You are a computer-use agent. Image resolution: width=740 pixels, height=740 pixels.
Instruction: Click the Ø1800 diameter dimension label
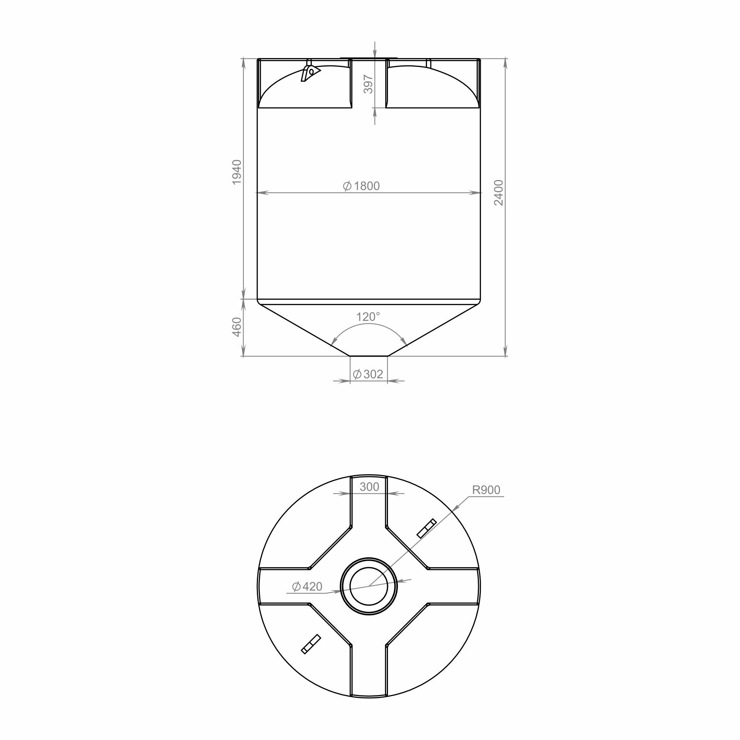click(362, 186)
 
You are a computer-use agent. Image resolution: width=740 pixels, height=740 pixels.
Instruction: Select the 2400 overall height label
click(499, 193)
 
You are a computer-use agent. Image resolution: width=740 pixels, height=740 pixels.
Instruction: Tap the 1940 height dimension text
click(237, 172)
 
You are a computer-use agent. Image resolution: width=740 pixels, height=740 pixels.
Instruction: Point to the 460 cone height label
click(237, 327)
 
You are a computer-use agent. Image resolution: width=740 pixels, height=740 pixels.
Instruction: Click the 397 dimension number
click(368, 84)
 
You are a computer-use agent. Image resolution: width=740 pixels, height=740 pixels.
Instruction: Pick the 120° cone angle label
click(368, 317)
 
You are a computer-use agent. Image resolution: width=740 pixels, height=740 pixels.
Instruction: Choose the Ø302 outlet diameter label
click(368, 374)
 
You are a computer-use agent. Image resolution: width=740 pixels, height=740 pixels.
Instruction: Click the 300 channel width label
click(369, 487)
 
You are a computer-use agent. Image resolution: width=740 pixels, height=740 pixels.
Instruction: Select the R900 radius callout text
click(486, 490)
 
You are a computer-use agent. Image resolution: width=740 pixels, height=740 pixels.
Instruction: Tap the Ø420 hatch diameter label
click(307, 586)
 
